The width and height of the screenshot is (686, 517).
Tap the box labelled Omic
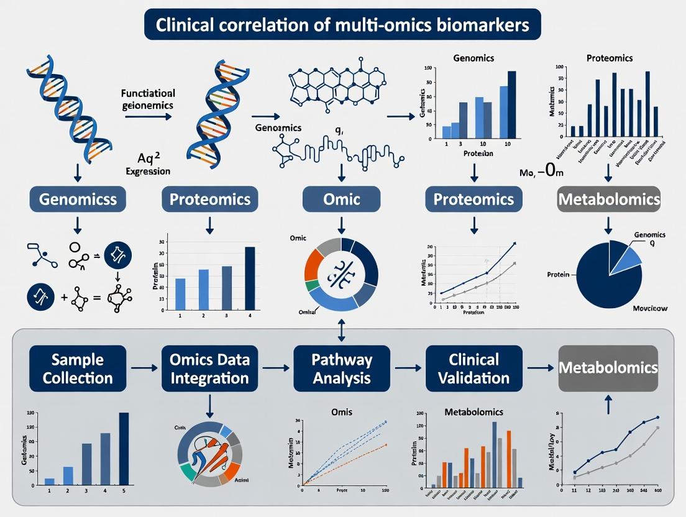341,199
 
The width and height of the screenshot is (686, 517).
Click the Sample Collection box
78,368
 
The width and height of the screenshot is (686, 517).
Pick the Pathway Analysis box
342,368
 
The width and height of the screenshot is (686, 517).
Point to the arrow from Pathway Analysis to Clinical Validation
408,368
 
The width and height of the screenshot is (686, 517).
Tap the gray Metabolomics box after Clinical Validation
608,368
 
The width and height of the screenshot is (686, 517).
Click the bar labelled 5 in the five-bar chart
124,448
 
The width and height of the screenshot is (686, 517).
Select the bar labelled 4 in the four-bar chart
250,278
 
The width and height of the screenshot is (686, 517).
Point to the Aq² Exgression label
151,163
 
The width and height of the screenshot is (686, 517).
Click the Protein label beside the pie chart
559,274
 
